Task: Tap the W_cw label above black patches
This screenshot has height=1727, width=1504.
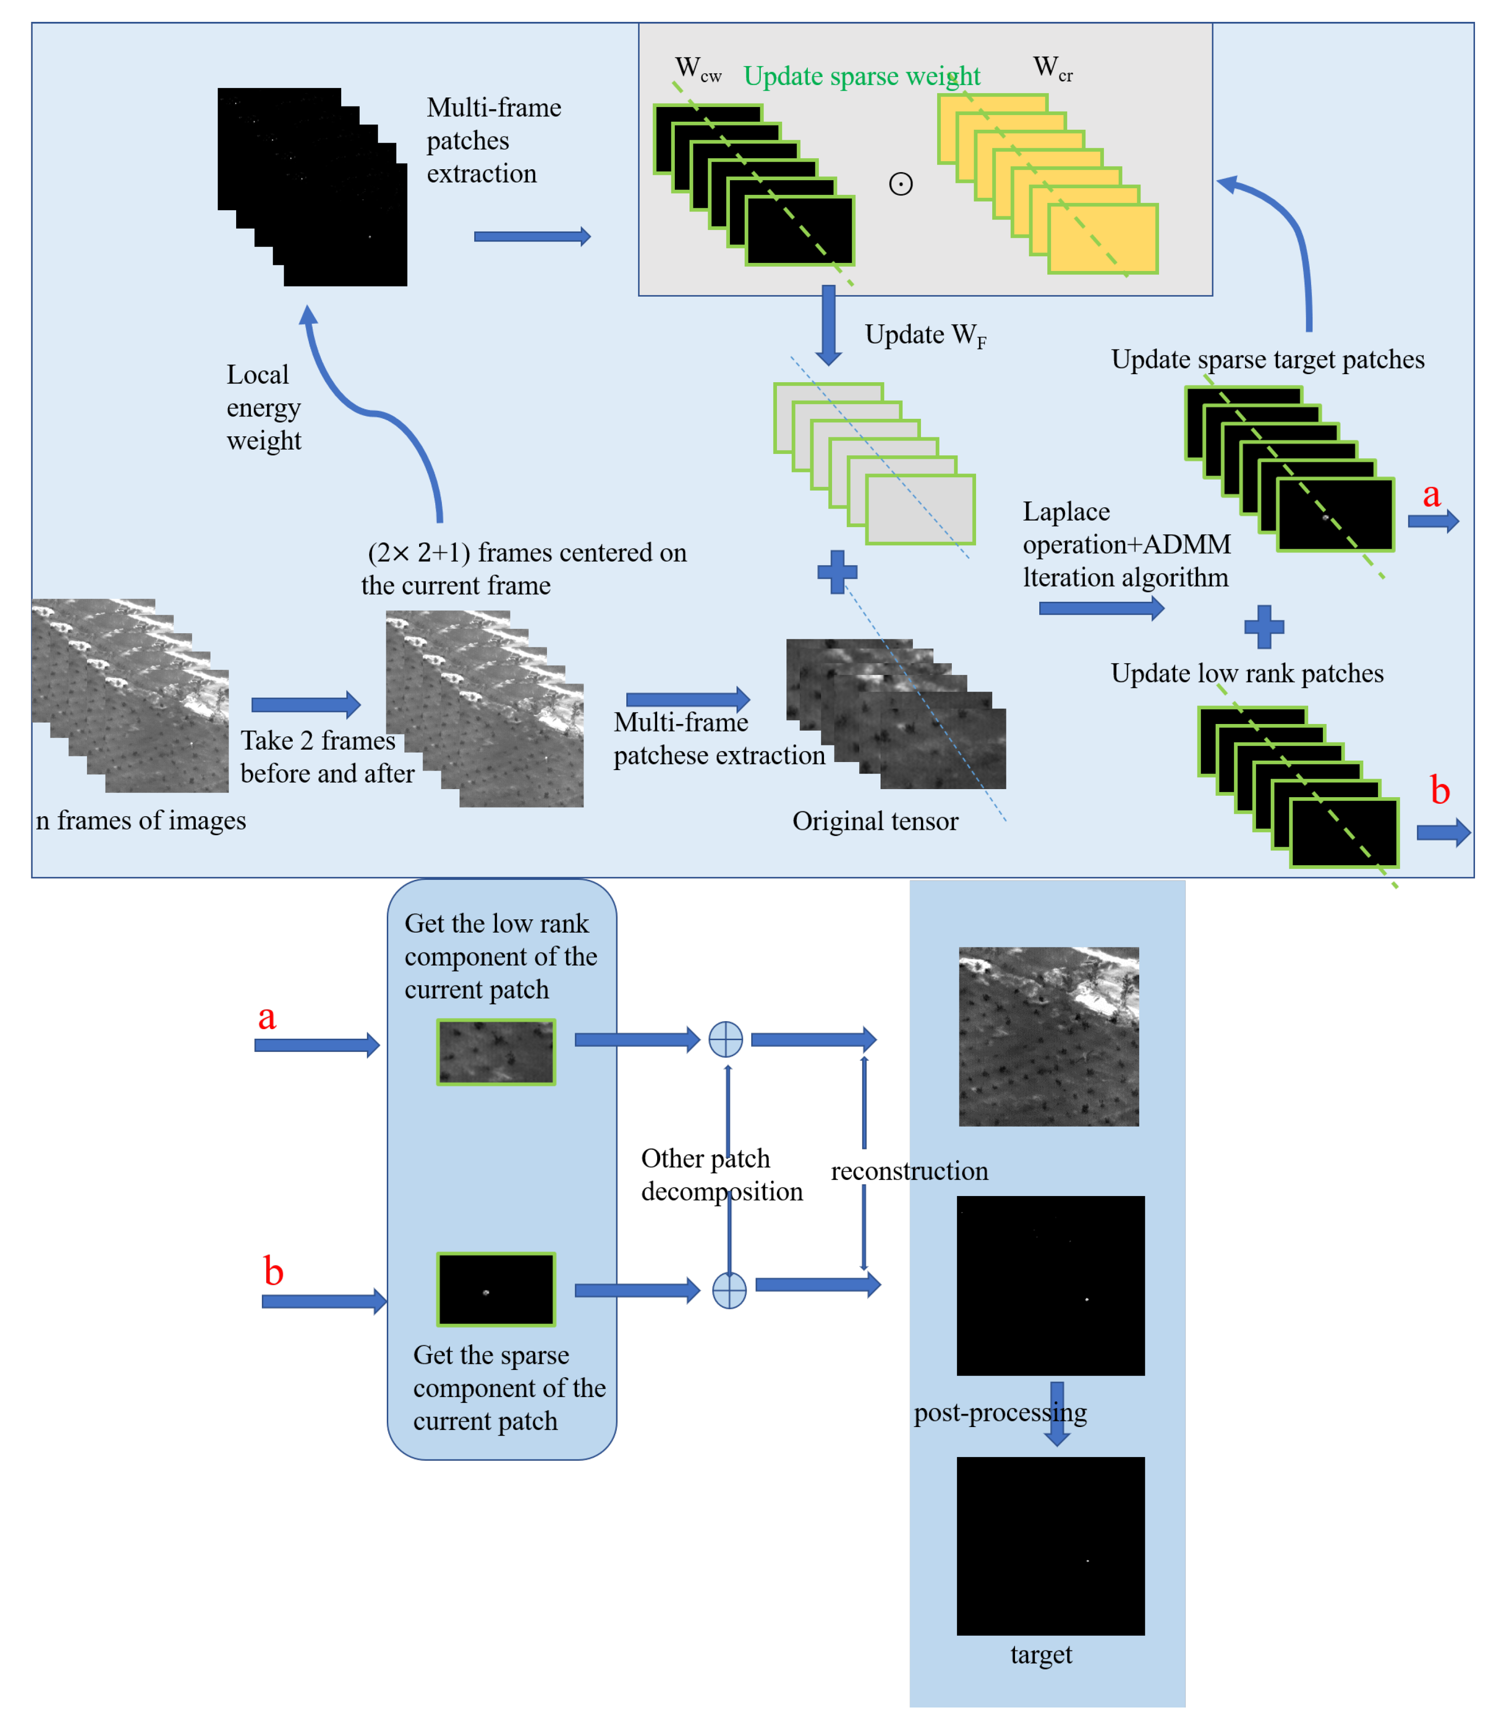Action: coord(697,69)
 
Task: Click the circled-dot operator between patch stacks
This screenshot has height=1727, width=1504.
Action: coord(900,184)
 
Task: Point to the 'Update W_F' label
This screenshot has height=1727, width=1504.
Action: coord(925,335)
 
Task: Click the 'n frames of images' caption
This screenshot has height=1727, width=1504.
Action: coord(141,820)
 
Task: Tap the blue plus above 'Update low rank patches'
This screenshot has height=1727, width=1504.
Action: coord(1264,627)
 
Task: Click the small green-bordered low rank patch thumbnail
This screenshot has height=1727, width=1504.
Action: coord(495,1052)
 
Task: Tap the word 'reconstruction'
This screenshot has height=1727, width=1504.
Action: coord(909,1171)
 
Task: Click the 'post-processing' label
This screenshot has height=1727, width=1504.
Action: coord(1000,1413)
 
